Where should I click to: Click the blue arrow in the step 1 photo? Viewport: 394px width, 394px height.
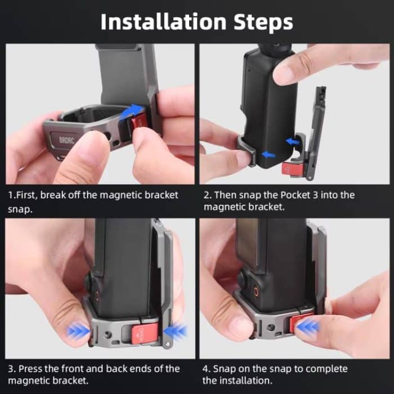(130, 113)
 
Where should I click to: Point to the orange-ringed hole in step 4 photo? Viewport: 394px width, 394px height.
(261, 292)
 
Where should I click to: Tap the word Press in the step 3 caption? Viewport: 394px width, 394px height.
(30, 369)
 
